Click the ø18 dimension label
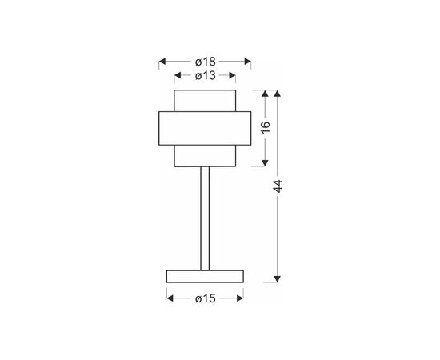(x=206, y=62)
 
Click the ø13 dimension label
(x=206, y=75)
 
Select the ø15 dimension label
(x=206, y=298)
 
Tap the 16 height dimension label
(x=266, y=127)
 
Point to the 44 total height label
(x=278, y=186)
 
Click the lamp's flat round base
(x=205, y=276)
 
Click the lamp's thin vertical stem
(x=205, y=218)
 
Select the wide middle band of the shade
(x=205, y=128)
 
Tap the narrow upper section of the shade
(x=205, y=101)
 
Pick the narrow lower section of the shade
(x=205, y=156)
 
